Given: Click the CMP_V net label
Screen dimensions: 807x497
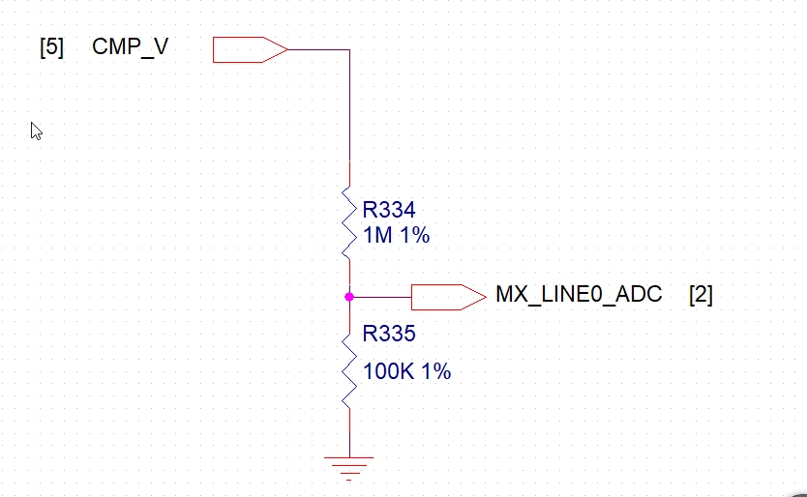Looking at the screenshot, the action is point(131,46).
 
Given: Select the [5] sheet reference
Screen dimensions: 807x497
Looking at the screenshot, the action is point(51,47).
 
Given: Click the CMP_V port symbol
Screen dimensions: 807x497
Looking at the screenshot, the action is point(250,50).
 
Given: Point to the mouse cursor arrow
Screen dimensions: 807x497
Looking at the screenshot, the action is point(36,132).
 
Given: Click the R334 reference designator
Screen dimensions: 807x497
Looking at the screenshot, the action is point(389,210).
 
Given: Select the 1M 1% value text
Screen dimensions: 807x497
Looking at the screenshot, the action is point(396,235).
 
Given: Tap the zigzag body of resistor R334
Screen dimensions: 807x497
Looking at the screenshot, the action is point(349,222).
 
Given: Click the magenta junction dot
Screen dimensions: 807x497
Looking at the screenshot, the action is point(349,297).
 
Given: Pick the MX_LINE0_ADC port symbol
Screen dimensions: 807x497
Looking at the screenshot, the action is point(449,298).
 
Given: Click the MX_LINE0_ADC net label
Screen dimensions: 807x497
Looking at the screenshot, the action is point(579,294).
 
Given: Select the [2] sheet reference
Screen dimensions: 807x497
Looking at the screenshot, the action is point(701,295).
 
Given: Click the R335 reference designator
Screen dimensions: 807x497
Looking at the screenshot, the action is point(389,334).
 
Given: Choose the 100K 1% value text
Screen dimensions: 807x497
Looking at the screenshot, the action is point(406,371).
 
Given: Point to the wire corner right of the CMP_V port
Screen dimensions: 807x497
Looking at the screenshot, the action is point(349,50).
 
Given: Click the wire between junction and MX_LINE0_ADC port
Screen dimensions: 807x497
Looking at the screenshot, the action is point(380,297).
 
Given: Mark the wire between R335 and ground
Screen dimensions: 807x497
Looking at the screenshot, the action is point(349,433).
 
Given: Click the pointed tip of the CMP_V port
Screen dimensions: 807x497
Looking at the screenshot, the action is point(287,50).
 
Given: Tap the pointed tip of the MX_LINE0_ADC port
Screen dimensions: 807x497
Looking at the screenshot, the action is point(487,297).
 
